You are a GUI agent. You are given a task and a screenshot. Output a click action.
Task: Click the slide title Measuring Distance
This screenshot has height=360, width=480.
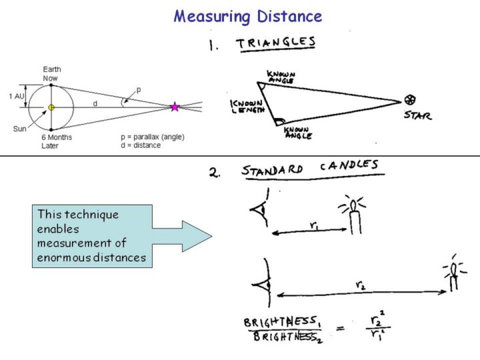pos(247,16)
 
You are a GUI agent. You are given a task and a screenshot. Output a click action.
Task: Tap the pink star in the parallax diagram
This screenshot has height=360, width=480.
pos(175,107)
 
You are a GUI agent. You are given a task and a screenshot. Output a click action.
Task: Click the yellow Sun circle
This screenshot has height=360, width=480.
pos(51,107)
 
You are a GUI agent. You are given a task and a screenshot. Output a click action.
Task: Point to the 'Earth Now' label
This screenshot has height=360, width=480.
pos(54,73)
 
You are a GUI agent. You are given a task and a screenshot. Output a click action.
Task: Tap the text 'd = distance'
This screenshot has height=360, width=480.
pos(136,145)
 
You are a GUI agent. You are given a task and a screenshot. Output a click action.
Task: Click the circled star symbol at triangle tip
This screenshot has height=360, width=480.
pos(410,100)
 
